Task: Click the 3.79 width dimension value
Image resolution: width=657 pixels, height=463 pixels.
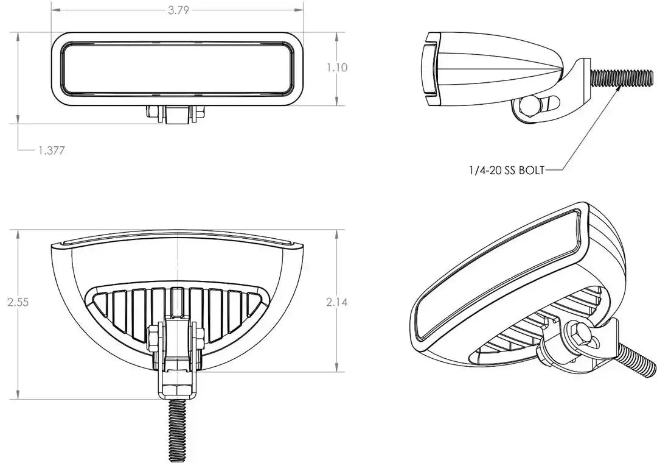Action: coord(179,10)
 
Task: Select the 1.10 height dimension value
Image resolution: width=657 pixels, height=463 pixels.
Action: coord(337,67)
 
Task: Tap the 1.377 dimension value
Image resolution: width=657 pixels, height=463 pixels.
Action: coord(52,150)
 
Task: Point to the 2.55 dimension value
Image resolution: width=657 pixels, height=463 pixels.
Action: coord(18,302)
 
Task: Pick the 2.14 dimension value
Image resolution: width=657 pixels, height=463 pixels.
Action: coord(337,302)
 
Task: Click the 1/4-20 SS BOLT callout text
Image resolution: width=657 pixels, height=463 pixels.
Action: coord(506,170)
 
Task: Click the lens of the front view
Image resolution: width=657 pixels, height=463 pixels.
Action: coord(178,68)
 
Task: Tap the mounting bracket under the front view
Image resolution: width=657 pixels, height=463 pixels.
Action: coord(175,114)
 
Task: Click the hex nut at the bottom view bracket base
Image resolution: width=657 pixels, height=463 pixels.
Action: coord(178,390)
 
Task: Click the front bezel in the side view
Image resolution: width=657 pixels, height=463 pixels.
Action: coord(431,68)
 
